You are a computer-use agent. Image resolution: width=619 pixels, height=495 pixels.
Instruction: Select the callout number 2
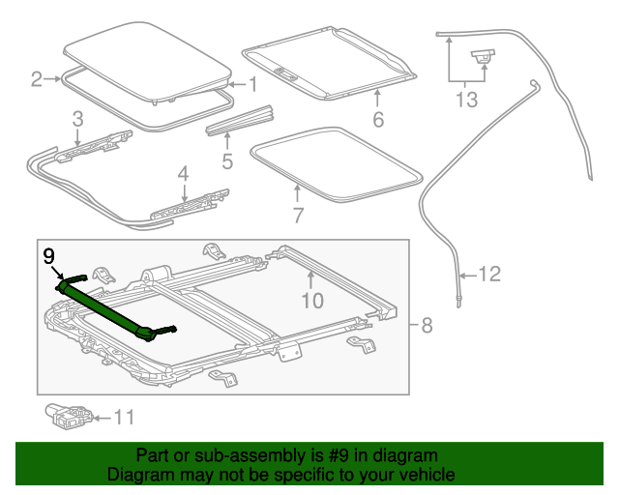[37, 79]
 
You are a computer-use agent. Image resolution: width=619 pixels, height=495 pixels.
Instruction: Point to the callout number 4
[183, 174]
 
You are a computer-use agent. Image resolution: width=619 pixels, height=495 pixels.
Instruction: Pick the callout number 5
[227, 160]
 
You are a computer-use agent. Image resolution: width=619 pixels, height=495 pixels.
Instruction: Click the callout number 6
[378, 120]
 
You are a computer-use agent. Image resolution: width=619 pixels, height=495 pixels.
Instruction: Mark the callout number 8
[427, 325]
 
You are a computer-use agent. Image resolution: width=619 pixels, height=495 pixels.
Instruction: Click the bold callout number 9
[48, 257]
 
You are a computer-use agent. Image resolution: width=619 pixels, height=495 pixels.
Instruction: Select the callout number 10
[311, 300]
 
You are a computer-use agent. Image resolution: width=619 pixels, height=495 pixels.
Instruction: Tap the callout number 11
[124, 418]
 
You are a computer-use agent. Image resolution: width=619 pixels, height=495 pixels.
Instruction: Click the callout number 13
[467, 100]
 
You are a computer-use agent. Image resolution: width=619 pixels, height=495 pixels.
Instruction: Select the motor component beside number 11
[68, 416]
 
